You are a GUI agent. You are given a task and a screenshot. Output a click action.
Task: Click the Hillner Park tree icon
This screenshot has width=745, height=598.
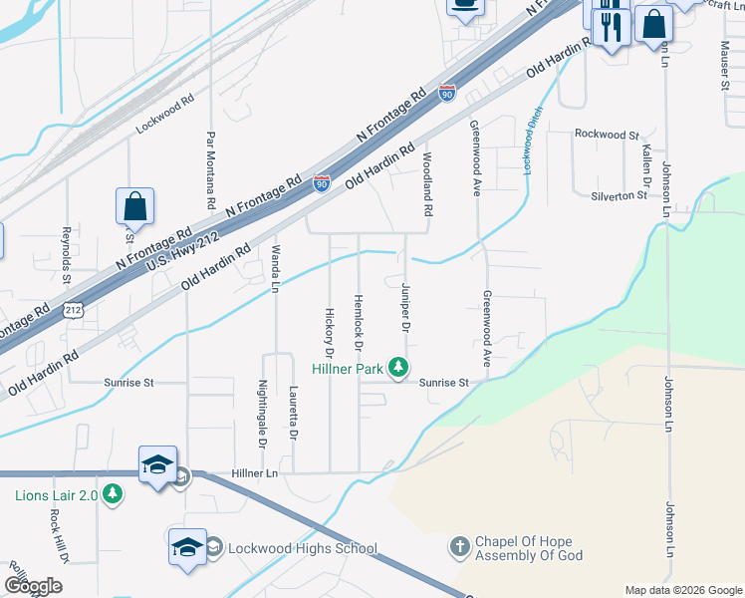(398, 368)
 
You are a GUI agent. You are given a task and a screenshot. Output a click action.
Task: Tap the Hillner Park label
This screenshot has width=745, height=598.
(347, 369)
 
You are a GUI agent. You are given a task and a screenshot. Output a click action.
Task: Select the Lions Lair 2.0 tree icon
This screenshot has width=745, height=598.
(113, 494)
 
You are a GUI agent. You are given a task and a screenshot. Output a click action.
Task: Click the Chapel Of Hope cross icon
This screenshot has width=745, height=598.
(459, 547)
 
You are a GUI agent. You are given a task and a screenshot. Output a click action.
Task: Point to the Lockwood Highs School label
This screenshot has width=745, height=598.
(303, 548)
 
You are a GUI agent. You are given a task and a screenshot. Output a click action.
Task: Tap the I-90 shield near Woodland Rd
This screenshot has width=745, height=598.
(447, 95)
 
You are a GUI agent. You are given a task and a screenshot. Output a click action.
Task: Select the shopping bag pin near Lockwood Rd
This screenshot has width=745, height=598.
(133, 208)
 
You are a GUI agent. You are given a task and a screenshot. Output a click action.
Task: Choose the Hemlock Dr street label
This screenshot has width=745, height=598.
(357, 323)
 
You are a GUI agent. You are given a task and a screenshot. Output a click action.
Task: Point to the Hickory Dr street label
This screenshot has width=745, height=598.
(328, 332)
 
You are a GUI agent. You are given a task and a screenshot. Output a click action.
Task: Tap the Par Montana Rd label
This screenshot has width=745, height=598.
(211, 169)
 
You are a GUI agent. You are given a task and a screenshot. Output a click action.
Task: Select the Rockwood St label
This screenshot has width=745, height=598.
(606, 135)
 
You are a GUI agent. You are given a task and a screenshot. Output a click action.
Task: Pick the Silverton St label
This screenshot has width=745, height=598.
(619, 196)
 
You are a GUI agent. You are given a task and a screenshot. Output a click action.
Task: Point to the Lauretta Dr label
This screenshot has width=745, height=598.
(294, 414)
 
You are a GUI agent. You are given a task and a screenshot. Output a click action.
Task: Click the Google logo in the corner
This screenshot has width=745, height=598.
(34, 585)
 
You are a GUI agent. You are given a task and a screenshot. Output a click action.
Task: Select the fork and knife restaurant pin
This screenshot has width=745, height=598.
(611, 27)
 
